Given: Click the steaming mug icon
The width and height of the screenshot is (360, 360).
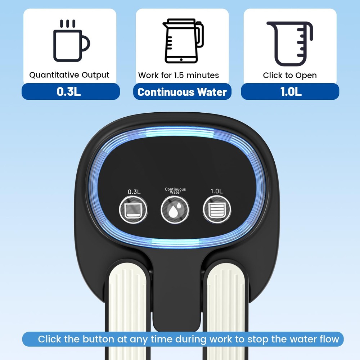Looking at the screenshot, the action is click(71, 41).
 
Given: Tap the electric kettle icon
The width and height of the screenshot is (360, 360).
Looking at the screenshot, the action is click(183, 41).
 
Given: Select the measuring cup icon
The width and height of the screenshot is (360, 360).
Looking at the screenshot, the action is click(290, 44).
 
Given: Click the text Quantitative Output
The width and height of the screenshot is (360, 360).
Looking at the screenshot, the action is click(69, 75).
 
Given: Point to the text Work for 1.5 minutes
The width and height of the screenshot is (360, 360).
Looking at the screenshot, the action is click(179, 75).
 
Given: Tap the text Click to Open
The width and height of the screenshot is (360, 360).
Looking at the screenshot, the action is click(290, 75).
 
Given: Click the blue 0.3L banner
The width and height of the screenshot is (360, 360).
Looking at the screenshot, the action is click(71, 91).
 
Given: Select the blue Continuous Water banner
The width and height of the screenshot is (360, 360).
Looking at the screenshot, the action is click(182, 91).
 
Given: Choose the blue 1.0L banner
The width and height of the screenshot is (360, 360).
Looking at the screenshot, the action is click(290, 91).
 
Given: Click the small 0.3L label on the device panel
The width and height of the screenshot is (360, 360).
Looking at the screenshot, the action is click(134, 192).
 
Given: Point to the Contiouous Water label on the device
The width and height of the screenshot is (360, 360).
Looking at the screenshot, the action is click(175, 191).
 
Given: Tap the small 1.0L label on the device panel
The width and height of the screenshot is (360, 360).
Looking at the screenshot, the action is click(216, 191).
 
